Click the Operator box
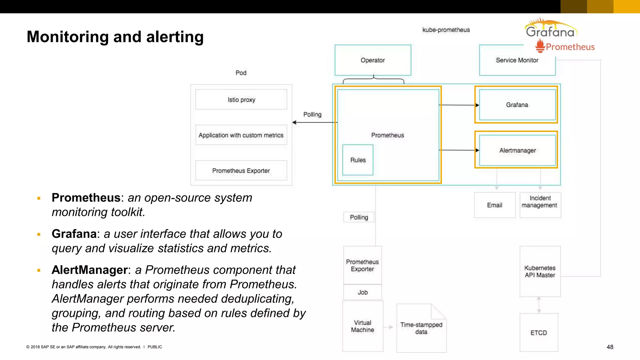pos(372,60)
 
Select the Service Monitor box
pos(517,60)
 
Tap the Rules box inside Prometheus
pos(357,160)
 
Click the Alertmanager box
pos(517,150)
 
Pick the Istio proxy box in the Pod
pos(241,100)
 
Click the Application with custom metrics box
pos(241,135)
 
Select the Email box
pos(494,205)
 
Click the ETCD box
pos(538,332)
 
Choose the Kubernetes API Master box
pos(540,271)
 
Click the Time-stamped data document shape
pos(421,328)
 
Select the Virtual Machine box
pos(362,326)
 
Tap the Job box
pos(362,292)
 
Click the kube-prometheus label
pos(446,30)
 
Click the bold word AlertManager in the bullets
pos(90,270)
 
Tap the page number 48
pos(610,347)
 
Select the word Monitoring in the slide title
pos(68,37)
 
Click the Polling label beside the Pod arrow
pos(312,114)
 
